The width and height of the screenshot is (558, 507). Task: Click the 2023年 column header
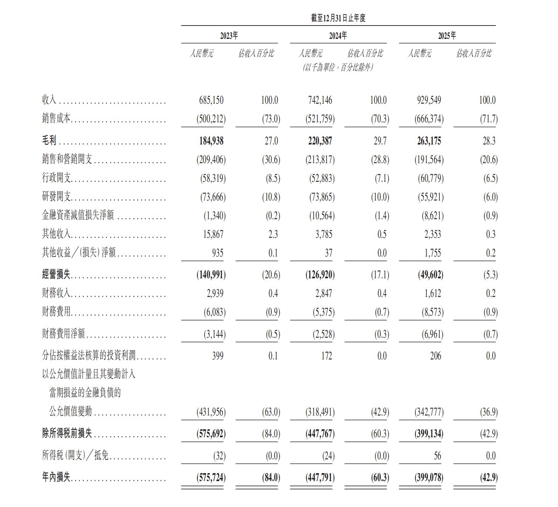[x=229, y=36]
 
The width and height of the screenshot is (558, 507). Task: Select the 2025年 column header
[x=447, y=36]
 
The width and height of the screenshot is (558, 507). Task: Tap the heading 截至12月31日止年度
[x=338, y=18]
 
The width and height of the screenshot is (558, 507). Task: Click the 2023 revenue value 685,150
[x=211, y=100]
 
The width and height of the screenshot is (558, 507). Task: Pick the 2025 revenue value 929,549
[x=429, y=100]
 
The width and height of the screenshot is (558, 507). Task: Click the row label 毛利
[x=49, y=141]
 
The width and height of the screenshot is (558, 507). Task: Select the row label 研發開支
[x=56, y=197]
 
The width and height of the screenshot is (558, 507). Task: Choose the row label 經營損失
[x=56, y=275]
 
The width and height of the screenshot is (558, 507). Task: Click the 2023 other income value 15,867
[x=213, y=234]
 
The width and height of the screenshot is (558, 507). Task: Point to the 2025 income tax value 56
[x=437, y=456]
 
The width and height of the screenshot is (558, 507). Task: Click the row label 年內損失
[x=56, y=477]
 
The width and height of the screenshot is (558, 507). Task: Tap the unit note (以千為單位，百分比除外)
[x=338, y=67]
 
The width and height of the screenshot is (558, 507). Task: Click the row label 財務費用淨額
[x=64, y=334]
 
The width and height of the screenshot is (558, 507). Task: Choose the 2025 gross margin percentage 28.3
[x=489, y=141]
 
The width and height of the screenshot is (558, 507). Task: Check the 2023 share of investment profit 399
[x=218, y=356]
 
